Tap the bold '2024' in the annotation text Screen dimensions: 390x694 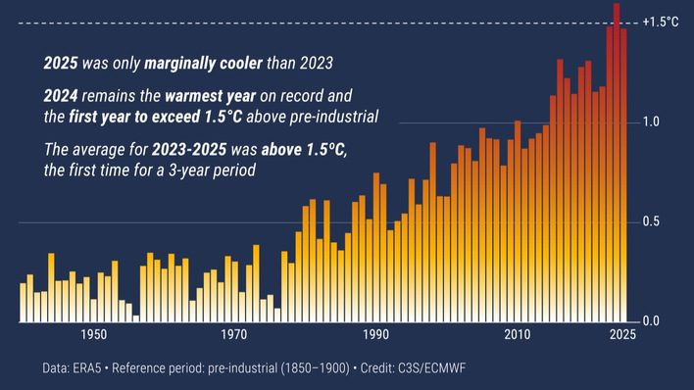pos(61,97)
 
